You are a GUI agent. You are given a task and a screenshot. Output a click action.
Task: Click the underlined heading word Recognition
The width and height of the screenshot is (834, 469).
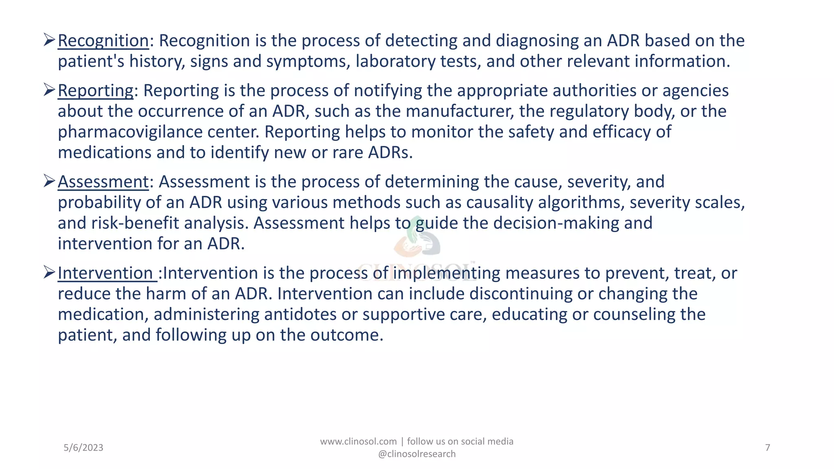click(103, 41)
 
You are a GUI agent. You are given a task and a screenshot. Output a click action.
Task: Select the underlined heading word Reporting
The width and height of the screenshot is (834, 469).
click(95, 90)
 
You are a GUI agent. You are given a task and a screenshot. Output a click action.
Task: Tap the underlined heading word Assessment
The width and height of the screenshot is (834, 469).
click(103, 182)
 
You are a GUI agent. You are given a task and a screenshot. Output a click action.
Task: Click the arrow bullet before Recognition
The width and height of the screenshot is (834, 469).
click(49, 39)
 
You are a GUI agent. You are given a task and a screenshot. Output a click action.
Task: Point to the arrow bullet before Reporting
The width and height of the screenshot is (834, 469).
click(49, 89)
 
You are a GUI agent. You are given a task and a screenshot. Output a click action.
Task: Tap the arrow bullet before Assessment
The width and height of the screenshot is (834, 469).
click(49, 180)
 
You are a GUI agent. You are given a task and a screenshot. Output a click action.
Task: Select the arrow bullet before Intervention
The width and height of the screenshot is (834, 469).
click(49, 272)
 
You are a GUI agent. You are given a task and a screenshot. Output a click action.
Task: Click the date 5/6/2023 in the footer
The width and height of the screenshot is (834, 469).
click(83, 448)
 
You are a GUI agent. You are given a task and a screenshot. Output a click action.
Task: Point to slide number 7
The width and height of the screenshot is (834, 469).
click(768, 448)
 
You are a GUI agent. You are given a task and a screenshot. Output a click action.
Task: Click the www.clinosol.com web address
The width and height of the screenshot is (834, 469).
click(358, 442)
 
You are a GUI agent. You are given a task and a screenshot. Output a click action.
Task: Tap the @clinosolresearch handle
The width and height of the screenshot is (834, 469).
click(417, 454)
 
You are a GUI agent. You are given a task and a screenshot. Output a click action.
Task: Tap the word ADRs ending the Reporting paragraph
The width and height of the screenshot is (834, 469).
click(391, 153)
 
